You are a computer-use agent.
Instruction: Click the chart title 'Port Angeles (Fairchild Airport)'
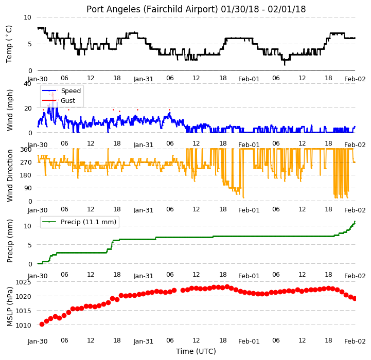(152, 9)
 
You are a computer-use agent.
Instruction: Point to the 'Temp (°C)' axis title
(9, 44)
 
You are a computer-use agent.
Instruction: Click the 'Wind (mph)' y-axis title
(10, 110)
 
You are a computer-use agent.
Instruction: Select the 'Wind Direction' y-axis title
(10, 175)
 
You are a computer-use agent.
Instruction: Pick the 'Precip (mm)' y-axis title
(10, 241)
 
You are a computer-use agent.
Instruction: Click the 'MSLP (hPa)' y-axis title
(10, 307)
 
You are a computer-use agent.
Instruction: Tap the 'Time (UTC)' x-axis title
(196, 351)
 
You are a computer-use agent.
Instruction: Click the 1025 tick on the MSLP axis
(23, 282)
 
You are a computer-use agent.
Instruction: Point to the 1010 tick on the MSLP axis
(23, 325)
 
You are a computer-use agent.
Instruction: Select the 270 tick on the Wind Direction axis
(26, 163)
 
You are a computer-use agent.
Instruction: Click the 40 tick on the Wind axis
(27, 84)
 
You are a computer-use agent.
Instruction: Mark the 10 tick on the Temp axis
(27, 17)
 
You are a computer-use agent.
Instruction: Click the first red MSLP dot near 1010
(42, 325)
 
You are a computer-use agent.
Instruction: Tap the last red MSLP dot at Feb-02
(355, 299)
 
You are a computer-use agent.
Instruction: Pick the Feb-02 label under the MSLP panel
(355, 341)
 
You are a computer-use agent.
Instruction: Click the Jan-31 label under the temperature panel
(144, 79)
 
